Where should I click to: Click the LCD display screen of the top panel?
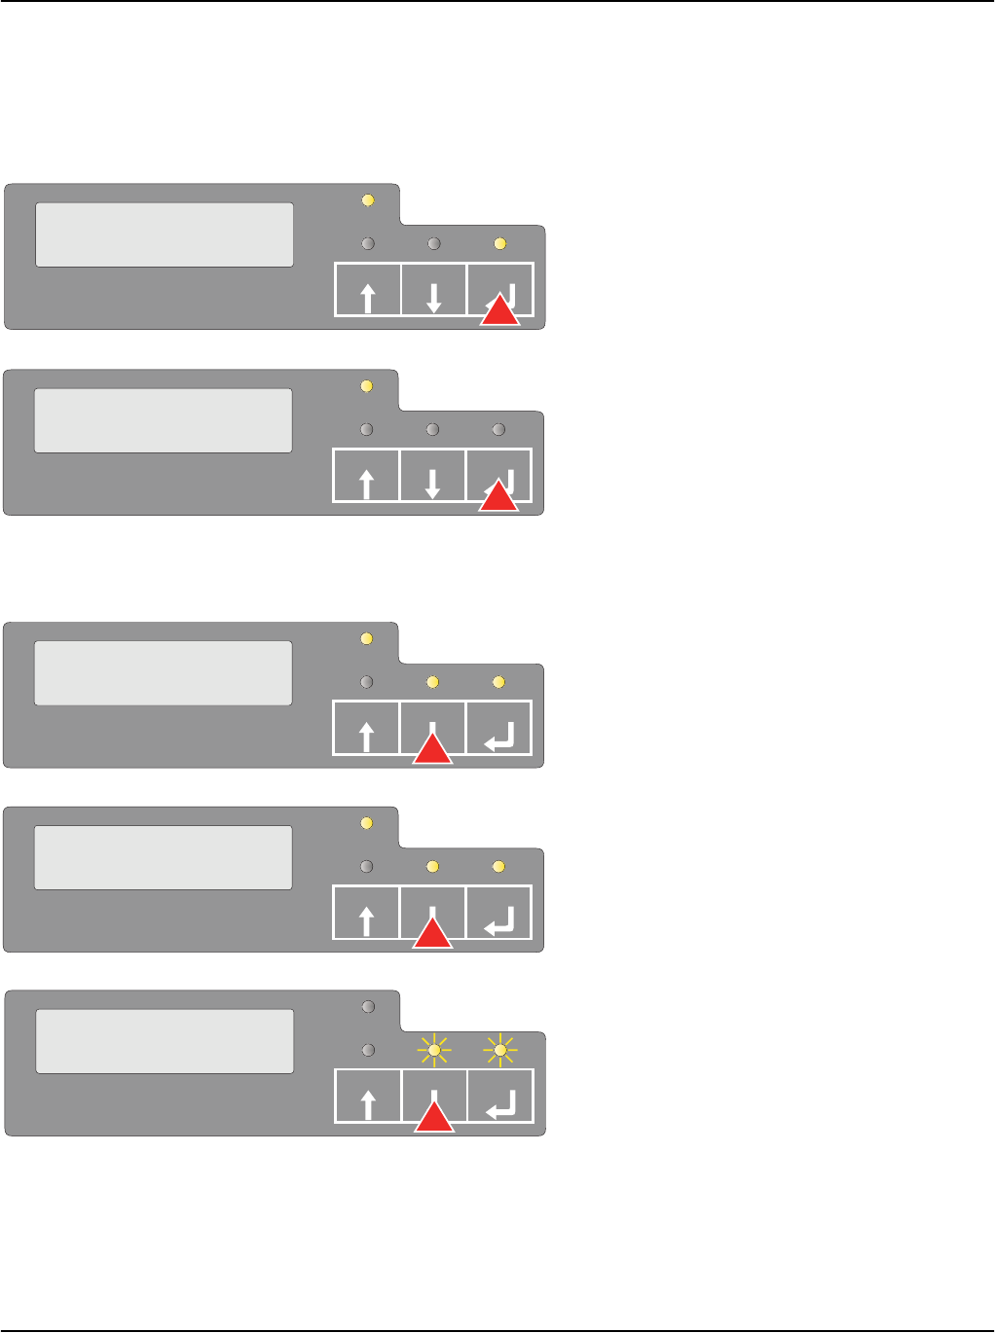tap(165, 234)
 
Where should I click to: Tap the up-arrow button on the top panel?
tap(368, 290)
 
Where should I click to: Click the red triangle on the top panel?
tap(500, 310)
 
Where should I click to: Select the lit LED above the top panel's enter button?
tap(500, 243)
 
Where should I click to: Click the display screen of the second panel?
tap(164, 420)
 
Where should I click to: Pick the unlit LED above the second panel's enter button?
tap(499, 429)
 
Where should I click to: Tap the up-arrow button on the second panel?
tap(367, 476)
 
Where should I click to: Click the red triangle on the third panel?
tap(433, 748)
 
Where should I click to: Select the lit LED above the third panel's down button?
tap(433, 682)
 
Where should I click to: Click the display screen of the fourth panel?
tap(164, 857)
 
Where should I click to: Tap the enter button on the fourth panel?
tap(499, 913)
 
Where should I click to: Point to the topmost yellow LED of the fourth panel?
tap(367, 823)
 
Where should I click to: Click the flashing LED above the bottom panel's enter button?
tap(500, 1050)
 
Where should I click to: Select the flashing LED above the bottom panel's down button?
tap(434, 1050)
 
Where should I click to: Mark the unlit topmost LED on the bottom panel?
tap(368, 1007)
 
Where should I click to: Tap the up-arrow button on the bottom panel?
tap(368, 1097)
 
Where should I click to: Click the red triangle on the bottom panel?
tap(434, 1117)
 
